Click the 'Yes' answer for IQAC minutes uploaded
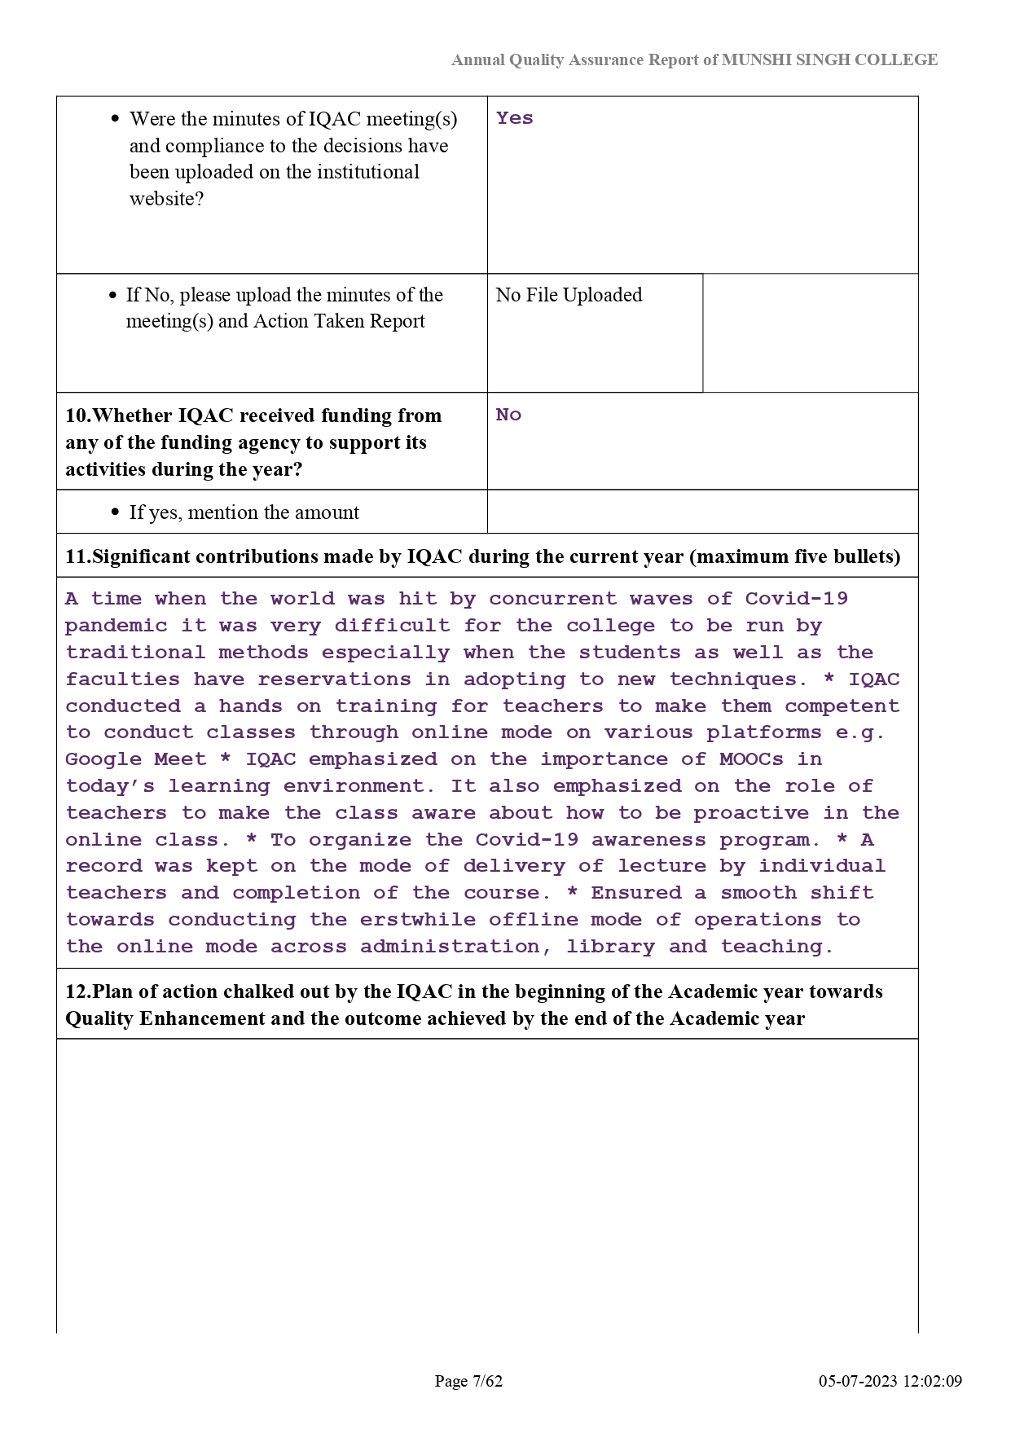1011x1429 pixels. click(514, 118)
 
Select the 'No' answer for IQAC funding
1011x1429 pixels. click(508, 415)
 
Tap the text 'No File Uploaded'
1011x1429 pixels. click(569, 295)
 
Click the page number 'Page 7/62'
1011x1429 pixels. click(468, 1381)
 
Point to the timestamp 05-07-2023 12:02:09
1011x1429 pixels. click(890, 1381)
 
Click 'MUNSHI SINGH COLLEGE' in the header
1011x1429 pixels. click(829, 59)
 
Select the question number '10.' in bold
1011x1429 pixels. click(78, 416)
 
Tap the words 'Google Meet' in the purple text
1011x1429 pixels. click(135, 759)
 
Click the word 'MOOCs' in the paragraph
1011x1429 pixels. click(751, 759)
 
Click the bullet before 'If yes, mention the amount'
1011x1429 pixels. click(115, 512)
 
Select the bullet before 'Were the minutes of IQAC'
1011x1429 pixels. click(115, 119)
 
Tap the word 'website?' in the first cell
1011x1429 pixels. click(166, 199)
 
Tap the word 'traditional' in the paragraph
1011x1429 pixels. click(134, 653)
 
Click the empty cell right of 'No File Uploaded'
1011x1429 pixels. click(810, 332)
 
